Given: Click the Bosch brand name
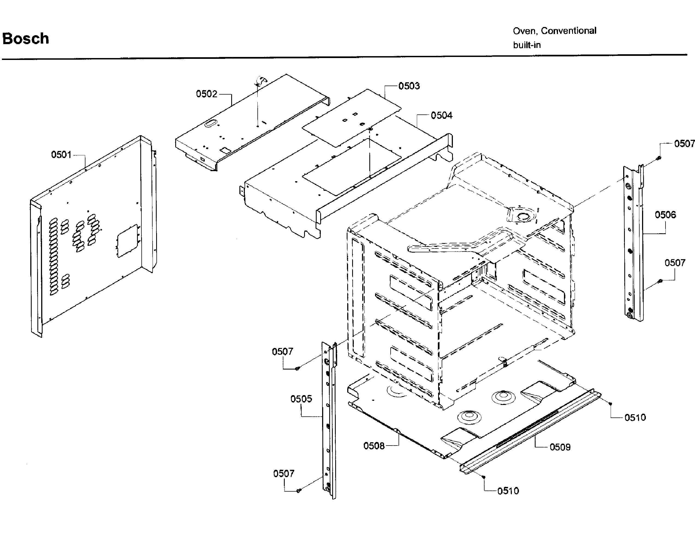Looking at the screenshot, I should [x=26, y=39].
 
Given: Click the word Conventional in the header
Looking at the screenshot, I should [x=568, y=31].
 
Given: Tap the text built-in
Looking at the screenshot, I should [x=527, y=45].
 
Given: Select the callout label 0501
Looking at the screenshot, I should [x=61, y=155].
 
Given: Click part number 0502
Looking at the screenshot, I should [x=207, y=94].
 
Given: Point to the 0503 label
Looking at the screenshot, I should [x=409, y=86].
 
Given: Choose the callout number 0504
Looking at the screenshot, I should [x=441, y=116].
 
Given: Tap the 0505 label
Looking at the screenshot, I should [x=301, y=399].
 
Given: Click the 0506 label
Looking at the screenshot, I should [x=666, y=215].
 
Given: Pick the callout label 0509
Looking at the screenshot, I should [x=560, y=447].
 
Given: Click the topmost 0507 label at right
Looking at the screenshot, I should [x=684, y=143].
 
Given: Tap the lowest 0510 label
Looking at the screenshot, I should [x=508, y=491].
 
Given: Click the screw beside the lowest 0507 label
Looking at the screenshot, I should [x=298, y=491].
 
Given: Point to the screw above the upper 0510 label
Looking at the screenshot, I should [x=610, y=404].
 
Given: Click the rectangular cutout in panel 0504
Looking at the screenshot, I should [x=352, y=167].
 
